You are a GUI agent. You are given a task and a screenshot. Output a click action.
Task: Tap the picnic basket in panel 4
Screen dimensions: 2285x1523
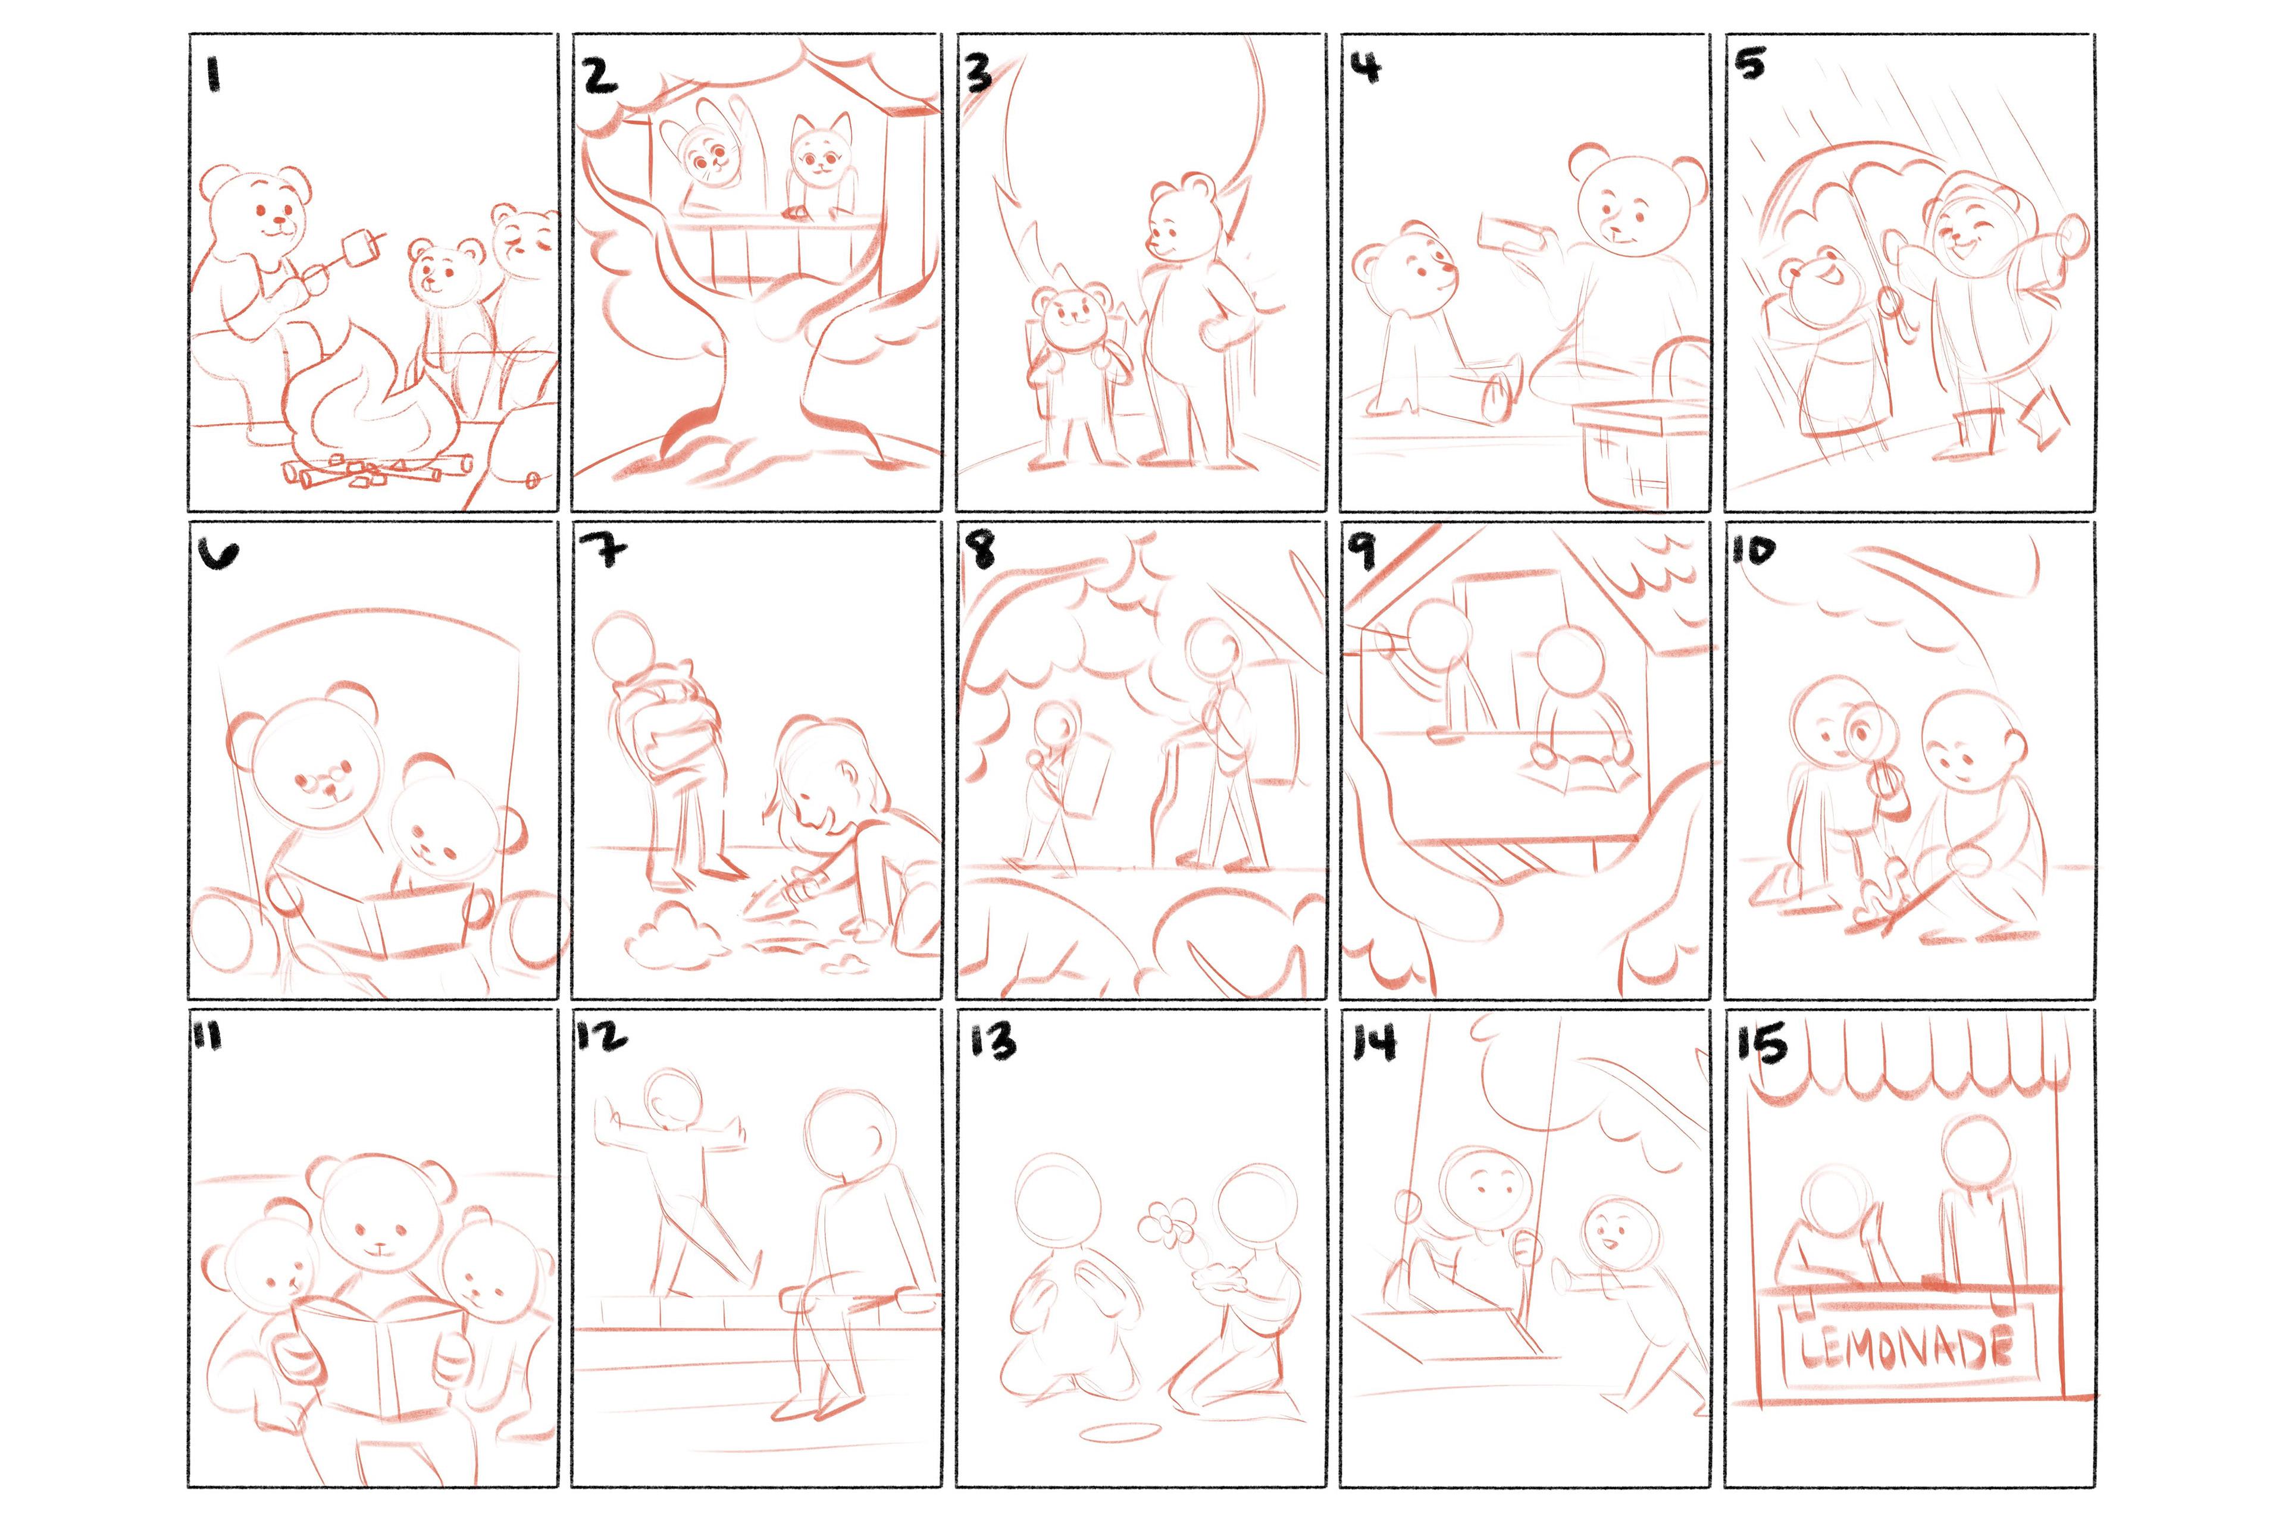pos(1642,452)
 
